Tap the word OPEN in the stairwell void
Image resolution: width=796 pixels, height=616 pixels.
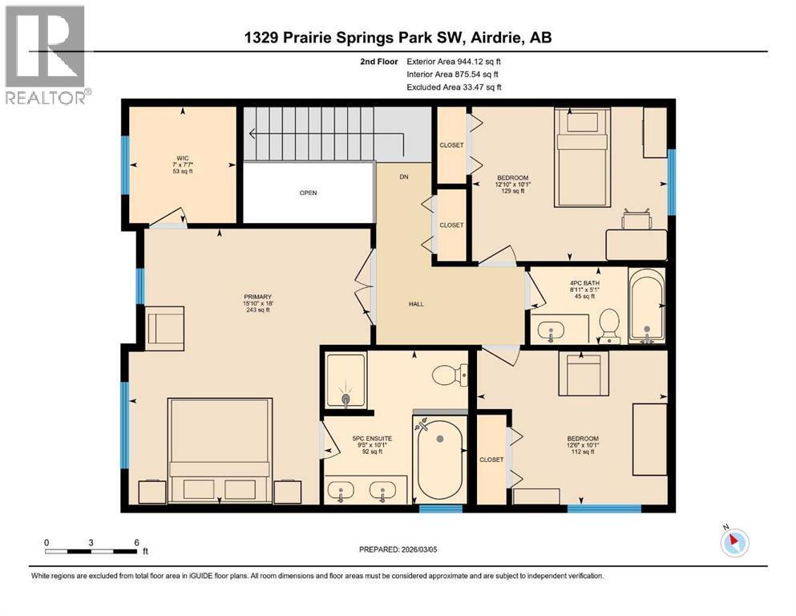(309, 192)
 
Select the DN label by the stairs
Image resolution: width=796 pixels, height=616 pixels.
(404, 176)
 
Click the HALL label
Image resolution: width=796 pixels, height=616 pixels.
(415, 304)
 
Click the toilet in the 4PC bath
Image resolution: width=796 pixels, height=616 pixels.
(611, 326)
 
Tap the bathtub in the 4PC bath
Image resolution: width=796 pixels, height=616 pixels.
(645, 306)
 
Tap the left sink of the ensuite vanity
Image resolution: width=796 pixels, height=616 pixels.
(343, 491)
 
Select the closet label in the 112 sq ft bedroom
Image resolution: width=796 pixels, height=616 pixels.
(491, 460)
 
